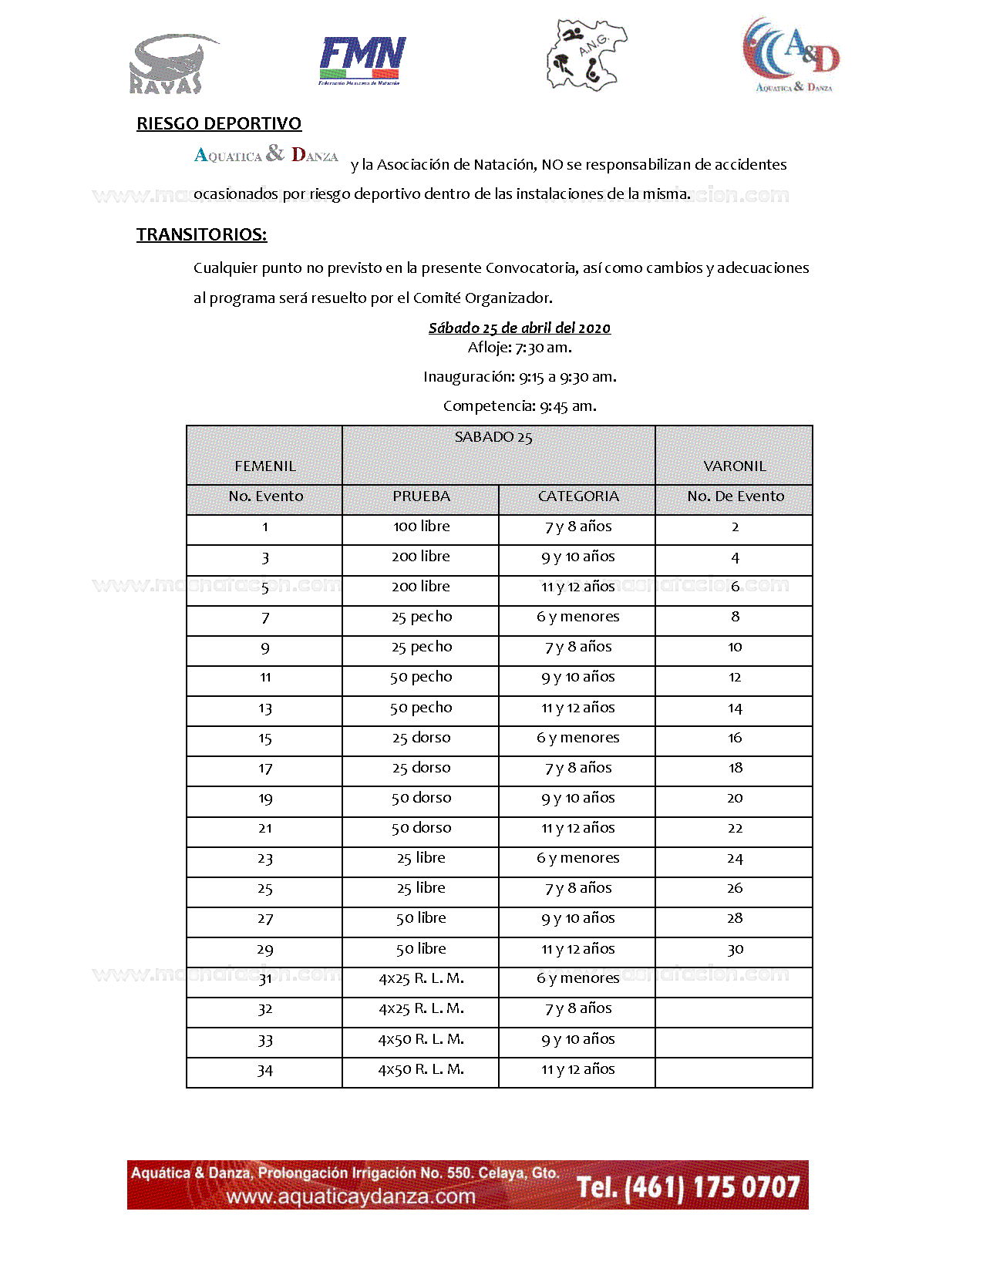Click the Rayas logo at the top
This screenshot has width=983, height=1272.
coord(171,63)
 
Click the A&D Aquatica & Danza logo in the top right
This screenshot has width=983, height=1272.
coord(791,55)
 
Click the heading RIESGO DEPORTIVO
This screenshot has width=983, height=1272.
coord(219,123)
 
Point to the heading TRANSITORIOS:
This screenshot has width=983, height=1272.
coord(201,234)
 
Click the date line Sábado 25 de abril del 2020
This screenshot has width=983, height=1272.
coord(519,328)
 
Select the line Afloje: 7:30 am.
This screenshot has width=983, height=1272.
coord(520,347)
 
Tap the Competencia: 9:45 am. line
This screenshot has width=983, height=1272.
coord(520,405)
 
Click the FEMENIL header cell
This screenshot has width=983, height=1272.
coord(264,466)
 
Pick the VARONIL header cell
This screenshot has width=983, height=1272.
coord(734,466)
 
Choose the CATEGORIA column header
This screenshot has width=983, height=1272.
coord(577,496)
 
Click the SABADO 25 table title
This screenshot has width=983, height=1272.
coord(493,437)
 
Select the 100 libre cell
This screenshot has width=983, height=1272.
coord(421,527)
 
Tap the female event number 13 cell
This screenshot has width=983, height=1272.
coord(264,708)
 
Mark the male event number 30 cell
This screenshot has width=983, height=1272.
coord(735,949)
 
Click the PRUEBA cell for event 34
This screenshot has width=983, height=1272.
coord(421,1069)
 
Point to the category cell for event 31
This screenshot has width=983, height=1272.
coord(577,978)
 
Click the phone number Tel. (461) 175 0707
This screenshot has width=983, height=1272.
coord(688,1186)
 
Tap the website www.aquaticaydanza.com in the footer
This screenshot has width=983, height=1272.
coord(351,1196)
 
